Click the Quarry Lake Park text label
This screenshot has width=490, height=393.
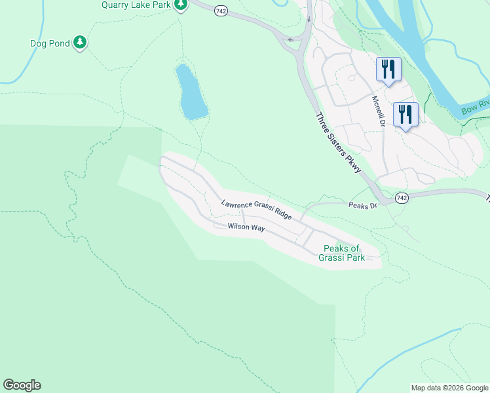(135, 5)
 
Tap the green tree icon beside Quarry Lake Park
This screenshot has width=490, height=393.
(181, 5)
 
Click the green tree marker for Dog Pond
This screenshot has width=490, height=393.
(80, 43)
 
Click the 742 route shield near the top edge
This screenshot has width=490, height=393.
(221, 11)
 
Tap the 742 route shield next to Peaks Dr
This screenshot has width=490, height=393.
(402, 198)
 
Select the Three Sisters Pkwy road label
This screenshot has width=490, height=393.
(339, 143)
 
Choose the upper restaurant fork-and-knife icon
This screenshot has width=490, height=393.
(388, 69)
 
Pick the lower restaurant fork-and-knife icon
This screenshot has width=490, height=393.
(405, 115)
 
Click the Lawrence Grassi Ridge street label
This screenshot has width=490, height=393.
(255, 209)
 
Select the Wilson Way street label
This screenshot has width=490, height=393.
(246, 227)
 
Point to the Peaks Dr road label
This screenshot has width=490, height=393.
(363, 206)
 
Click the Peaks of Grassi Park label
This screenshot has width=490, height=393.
(341, 253)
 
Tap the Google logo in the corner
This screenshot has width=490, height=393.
(22, 385)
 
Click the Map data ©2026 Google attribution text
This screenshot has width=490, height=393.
(449, 388)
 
